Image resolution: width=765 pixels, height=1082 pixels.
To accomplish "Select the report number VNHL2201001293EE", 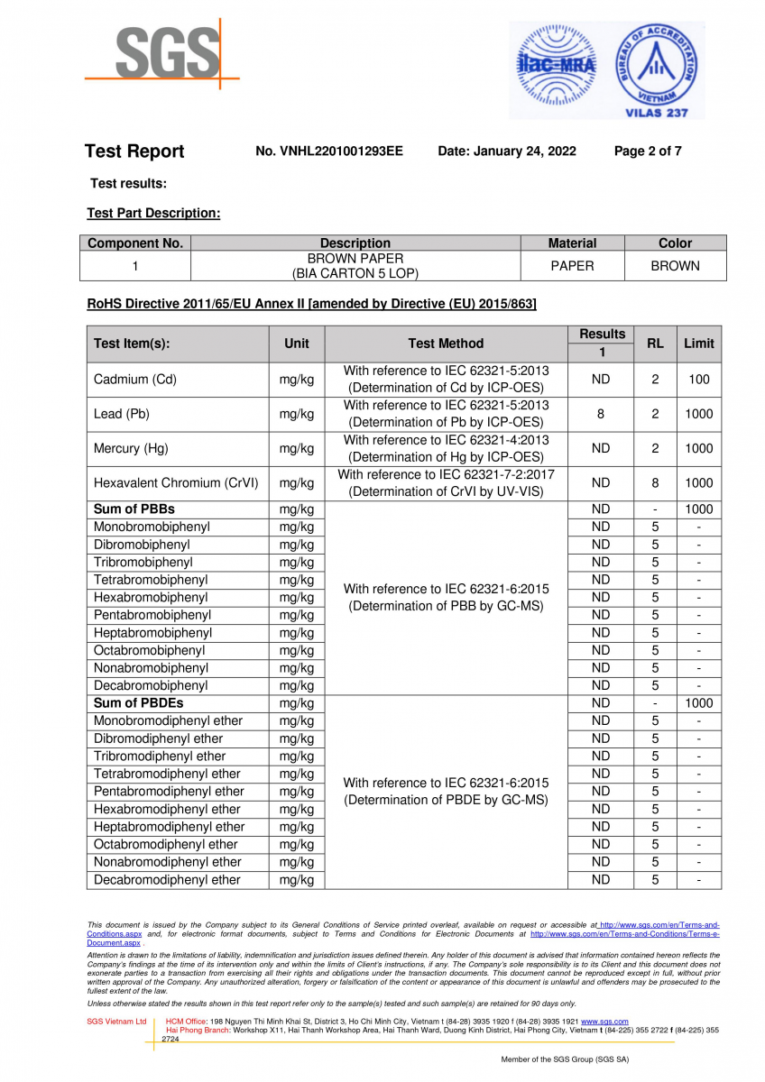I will (329, 151).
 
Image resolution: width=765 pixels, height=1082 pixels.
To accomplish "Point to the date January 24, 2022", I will (507, 151).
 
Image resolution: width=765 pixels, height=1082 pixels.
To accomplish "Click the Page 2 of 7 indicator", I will (648, 151).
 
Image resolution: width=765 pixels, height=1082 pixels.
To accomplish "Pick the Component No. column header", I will (135, 243).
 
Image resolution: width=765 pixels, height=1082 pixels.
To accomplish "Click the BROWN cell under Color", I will (675, 266).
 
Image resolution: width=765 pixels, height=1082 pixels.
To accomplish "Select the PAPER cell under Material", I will (572, 266).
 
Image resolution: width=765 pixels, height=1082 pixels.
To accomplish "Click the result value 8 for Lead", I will (601, 414).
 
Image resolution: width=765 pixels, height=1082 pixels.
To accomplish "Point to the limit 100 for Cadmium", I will (698, 380).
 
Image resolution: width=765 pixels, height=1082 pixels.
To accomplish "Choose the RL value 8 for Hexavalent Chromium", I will (655, 483).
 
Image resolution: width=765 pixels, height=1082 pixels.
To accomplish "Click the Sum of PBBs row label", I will (134, 509).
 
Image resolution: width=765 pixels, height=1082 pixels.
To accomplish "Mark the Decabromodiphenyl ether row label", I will (167, 880).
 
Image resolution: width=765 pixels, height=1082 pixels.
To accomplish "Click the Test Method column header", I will (446, 344).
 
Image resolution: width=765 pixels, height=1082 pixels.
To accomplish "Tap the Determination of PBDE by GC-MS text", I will (446, 800).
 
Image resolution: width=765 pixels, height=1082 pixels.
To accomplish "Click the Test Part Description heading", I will (153, 214).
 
